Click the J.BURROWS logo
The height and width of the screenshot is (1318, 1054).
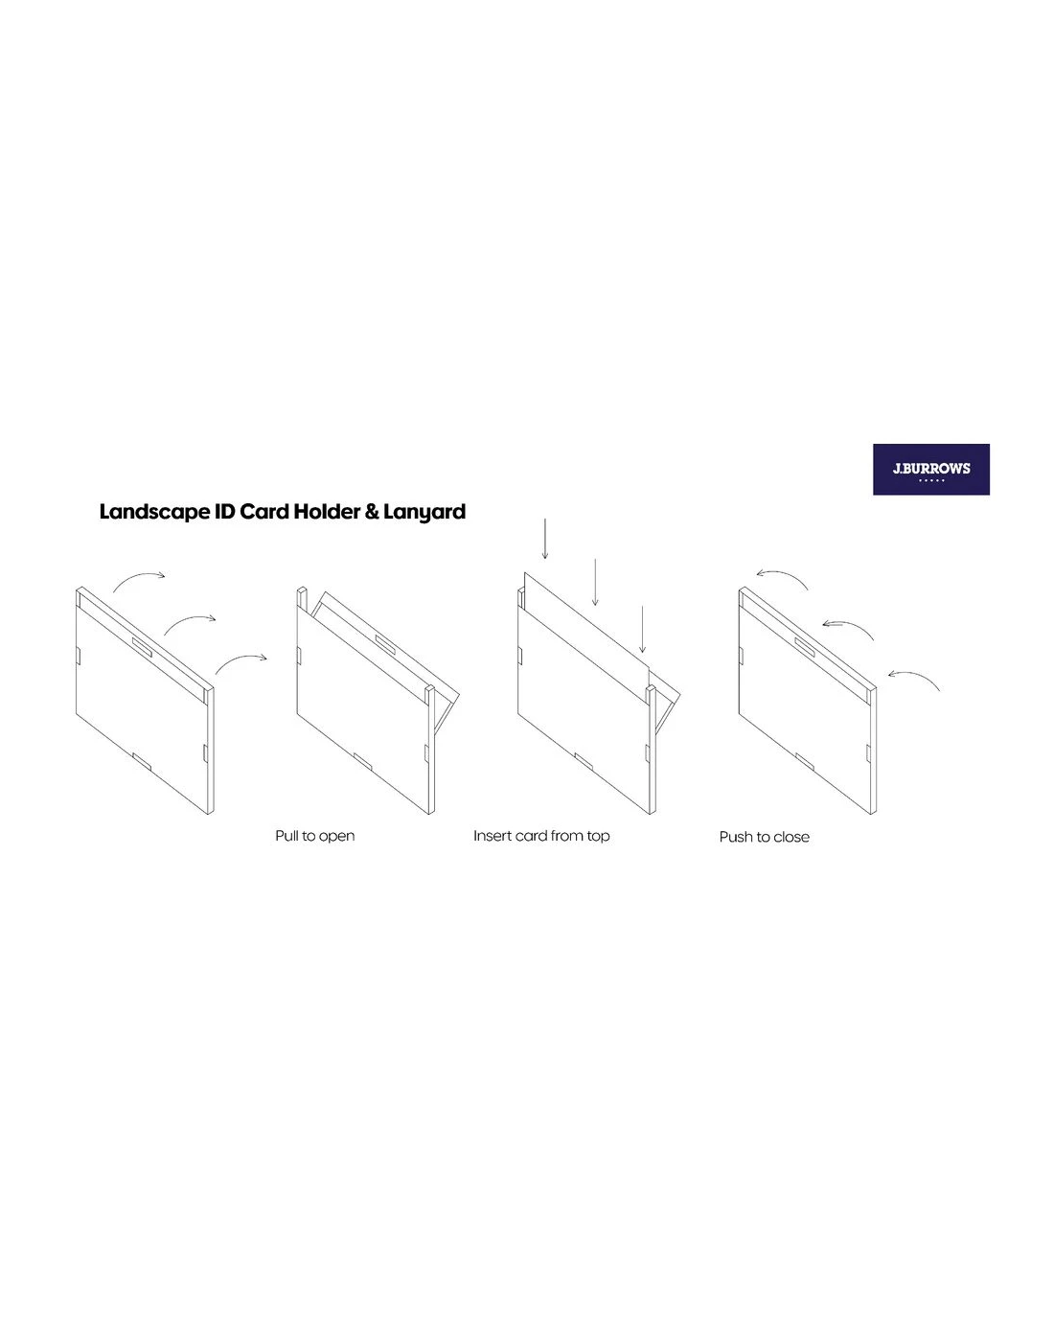[930, 469]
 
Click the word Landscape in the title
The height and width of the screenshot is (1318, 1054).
[153, 512]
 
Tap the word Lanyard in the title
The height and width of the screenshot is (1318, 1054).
[424, 512]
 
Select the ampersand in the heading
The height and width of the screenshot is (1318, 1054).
[372, 512]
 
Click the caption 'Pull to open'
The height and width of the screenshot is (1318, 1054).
[315, 836]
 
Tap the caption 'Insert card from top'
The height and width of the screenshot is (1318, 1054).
[541, 836]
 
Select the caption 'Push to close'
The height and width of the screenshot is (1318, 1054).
[764, 837]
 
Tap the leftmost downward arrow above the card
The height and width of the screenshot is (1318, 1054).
[544, 539]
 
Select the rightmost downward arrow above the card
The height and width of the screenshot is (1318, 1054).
[642, 629]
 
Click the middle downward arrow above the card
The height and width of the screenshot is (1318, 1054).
[595, 582]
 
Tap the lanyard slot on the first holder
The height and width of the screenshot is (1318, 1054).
[142, 647]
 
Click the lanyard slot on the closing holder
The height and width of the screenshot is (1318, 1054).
[804, 647]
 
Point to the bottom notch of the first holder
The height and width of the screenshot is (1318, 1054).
[142, 761]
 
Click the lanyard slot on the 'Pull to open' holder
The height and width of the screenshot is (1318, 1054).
[385, 643]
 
